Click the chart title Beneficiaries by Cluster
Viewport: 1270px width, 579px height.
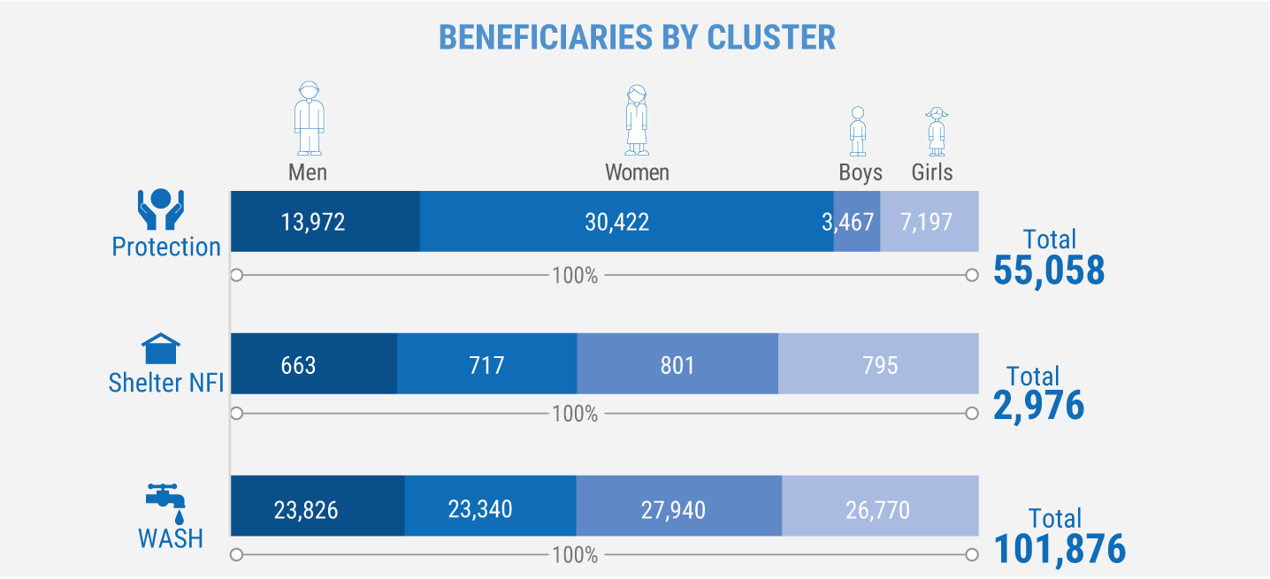637,37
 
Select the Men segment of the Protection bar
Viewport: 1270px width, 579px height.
325,221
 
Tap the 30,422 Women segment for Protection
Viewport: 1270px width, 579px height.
626,221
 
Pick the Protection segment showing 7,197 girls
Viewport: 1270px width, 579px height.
929,221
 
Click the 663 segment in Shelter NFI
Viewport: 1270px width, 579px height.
313,363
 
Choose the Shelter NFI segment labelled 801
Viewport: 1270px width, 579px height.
677,363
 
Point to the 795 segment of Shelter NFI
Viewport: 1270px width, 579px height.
878,363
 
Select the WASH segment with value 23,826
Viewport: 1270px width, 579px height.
317,506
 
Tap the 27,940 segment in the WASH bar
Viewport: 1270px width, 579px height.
678,506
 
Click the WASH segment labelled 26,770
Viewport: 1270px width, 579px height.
880,506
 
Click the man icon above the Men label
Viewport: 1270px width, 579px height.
309,118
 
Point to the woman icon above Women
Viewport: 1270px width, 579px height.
637,119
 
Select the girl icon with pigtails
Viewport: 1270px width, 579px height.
936,131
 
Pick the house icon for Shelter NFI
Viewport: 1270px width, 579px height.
160,349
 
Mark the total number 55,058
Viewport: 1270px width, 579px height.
1049,271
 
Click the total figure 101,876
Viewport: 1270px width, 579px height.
1060,549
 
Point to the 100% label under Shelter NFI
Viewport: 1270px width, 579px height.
575,414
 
